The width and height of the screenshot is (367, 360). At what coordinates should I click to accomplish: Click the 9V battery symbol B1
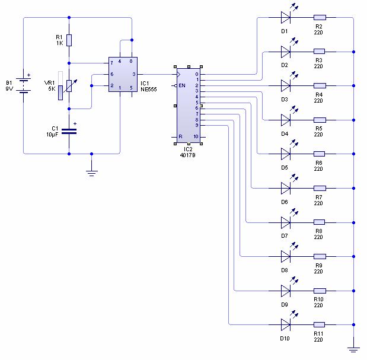click(x=24, y=84)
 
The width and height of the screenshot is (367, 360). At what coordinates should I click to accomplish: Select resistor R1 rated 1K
click(x=69, y=40)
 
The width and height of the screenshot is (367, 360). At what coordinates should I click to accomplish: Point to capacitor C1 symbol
click(x=69, y=129)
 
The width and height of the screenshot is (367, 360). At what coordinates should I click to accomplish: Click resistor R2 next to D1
click(x=319, y=18)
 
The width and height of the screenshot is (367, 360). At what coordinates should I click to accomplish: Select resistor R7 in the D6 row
click(x=319, y=189)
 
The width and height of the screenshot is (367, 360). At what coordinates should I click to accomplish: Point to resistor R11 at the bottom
click(x=319, y=325)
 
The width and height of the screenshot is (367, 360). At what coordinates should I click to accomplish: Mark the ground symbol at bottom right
click(x=353, y=350)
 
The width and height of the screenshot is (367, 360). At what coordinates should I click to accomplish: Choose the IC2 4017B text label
click(x=188, y=152)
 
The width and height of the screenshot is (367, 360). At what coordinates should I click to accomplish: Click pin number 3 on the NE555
click(x=134, y=74)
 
